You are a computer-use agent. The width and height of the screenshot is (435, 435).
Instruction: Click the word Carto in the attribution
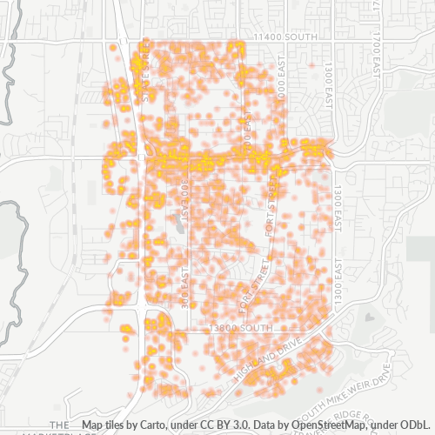(155, 425)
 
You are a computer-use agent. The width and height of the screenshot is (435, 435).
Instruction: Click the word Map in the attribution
(91, 425)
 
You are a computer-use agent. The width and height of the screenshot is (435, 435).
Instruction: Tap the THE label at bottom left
(58, 425)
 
